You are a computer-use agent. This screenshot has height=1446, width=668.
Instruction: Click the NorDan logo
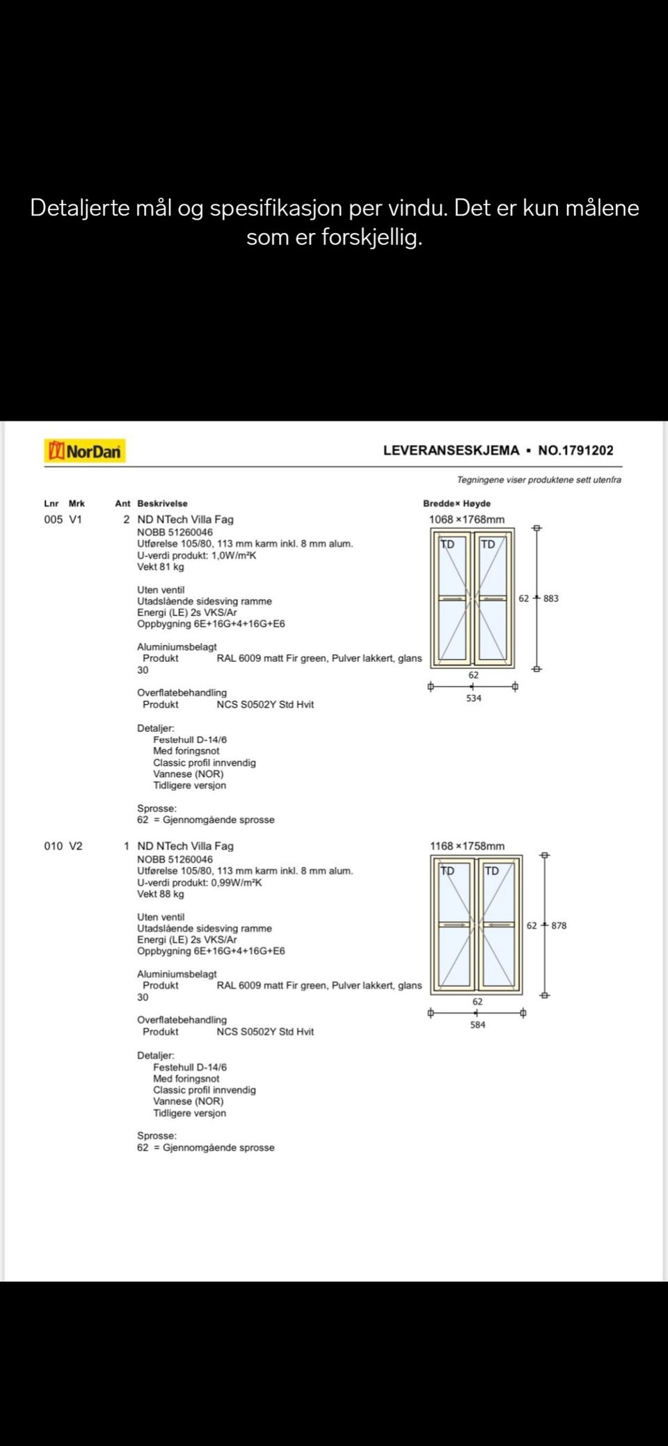(85, 451)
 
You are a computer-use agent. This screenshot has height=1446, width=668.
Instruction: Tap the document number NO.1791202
(575, 450)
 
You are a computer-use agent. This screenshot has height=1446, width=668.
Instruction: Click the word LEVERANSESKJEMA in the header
(451, 450)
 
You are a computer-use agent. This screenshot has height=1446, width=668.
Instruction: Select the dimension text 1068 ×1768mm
(466, 519)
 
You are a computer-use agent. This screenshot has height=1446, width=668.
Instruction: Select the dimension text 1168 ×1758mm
(467, 846)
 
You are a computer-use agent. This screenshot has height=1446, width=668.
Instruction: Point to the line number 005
(53, 519)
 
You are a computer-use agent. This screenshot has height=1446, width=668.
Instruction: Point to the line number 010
(53, 846)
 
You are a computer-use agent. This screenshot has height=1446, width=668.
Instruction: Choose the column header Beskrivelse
(162, 503)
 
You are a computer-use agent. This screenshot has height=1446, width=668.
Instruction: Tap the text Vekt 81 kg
(160, 567)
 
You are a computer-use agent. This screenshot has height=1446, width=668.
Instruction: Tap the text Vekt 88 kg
(160, 894)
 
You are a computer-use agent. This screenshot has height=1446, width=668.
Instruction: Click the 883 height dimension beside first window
(550, 599)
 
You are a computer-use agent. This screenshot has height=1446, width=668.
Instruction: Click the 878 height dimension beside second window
(559, 926)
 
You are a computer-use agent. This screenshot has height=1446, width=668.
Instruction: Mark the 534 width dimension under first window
(473, 698)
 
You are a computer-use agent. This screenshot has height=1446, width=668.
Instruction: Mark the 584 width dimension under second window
(477, 1025)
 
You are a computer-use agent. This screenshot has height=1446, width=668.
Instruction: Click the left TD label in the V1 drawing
(447, 544)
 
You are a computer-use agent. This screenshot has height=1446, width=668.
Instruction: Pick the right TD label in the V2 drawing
(491, 871)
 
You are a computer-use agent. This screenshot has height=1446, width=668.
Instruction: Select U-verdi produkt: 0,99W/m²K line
(199, 882)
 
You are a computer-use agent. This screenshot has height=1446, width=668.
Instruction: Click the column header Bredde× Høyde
(456, 503)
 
